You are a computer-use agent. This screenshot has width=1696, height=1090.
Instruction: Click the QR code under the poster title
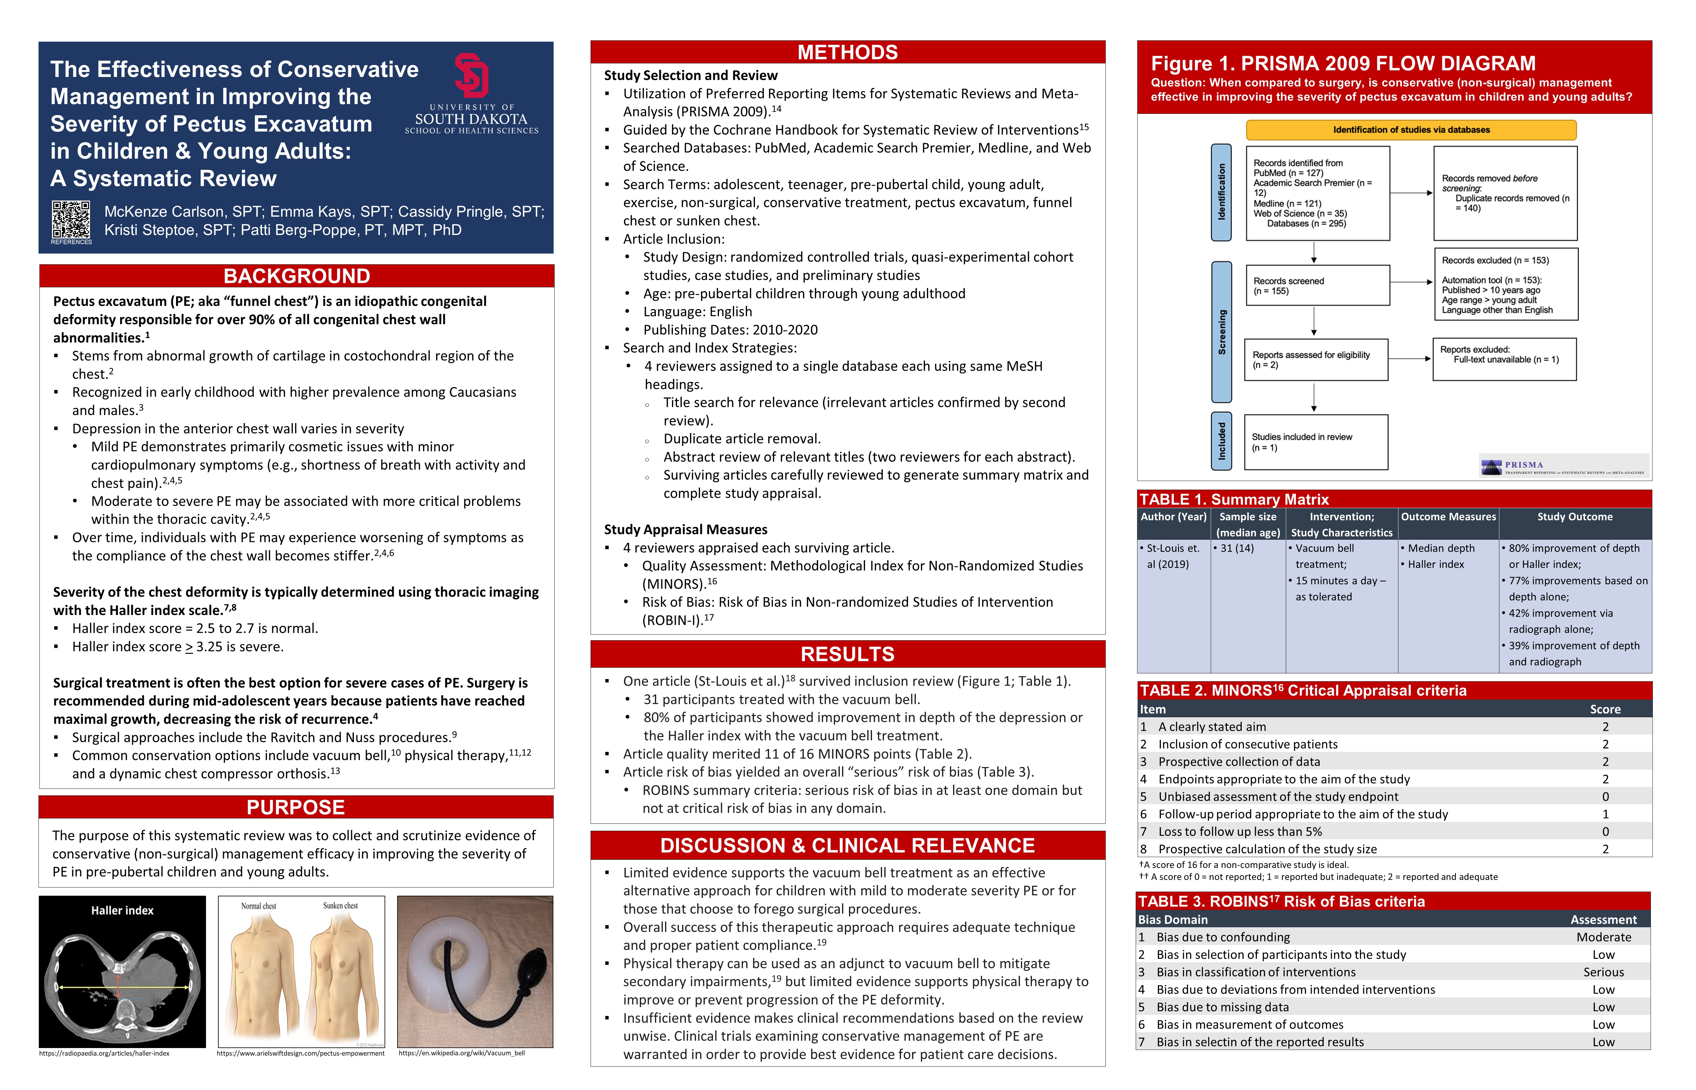[x=71, y=220]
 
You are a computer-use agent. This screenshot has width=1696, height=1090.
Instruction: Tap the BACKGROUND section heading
[x=297, y=276]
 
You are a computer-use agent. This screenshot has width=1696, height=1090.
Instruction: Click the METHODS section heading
[x=847, y=52]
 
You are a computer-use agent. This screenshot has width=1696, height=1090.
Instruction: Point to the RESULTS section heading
[x=847, y=654]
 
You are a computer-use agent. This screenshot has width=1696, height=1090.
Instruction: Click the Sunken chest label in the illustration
[x=340, y=906]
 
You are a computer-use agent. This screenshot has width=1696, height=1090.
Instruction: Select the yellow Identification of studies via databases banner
[x=1411, y=130]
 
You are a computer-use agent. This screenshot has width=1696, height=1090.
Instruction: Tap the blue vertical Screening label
[x=1222, y=331]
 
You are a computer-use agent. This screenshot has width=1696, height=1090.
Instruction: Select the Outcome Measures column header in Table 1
[x=1448, y=517]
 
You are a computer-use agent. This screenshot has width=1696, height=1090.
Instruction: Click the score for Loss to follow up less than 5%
[x=1605, y=832]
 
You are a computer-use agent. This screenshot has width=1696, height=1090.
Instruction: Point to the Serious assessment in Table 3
[x=1603, y=972]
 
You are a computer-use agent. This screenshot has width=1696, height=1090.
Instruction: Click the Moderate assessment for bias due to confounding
[x=1603, y=937]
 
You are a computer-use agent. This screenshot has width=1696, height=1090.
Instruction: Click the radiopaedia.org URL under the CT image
[x=104, y=1053]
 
